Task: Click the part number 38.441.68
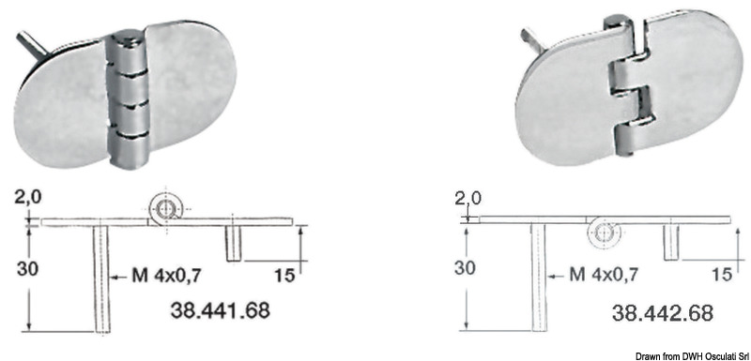(221, 310)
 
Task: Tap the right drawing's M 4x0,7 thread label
(603, 275)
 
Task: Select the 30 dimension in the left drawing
(28, 269)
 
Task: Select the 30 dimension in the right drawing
(465, 268)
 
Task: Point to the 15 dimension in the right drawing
(722, 275)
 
